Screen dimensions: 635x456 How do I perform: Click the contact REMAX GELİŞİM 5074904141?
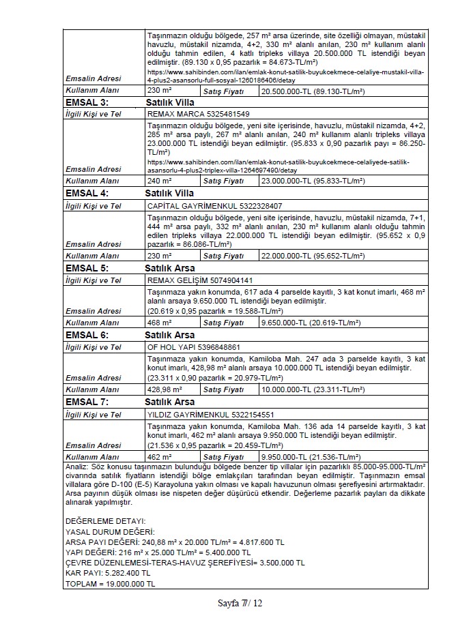point(201,280)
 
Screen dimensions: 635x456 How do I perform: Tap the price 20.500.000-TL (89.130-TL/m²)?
point(315,90)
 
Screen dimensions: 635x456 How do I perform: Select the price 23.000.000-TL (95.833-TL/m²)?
point(315,181)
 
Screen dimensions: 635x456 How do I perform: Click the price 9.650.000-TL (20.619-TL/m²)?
point(312,322)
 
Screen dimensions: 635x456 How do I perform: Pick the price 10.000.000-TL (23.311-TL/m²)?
point(315,389)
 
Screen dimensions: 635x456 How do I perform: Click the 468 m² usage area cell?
point(160,322)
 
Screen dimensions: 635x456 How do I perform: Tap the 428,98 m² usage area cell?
point(165,389)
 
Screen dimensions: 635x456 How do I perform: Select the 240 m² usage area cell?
point(160,181)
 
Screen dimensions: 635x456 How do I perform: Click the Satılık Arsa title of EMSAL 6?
point(170,335)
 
